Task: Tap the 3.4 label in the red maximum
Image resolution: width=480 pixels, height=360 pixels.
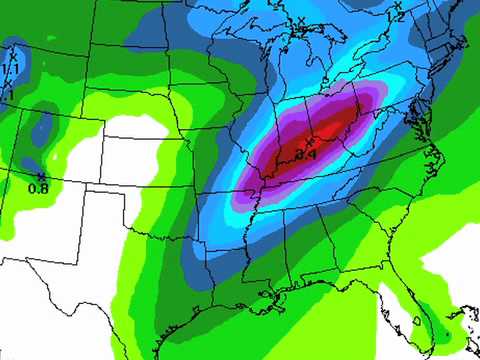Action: click(306, 155)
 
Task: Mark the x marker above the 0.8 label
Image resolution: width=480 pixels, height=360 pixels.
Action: click(40, 177)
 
